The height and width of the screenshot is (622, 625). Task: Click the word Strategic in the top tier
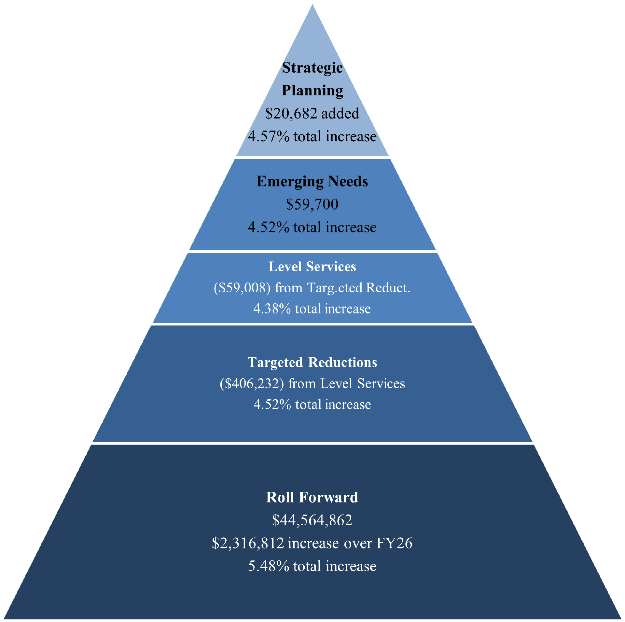click(312, 68)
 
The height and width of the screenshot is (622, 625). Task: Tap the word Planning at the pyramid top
click(312, 91)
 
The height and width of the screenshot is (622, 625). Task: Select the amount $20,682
click(291, 114)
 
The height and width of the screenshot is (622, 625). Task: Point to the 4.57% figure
click(269, 136)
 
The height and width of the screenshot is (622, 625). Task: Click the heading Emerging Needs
click(312, 181)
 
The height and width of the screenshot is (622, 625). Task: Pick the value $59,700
click(312, 204)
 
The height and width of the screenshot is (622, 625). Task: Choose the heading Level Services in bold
click(312, 267)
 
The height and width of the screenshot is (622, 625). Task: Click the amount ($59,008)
click(242, 288)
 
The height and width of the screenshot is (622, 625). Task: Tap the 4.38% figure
click(272, 309)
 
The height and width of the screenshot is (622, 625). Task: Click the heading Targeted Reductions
click(312, 362)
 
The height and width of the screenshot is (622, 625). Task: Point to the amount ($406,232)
click(252, 383)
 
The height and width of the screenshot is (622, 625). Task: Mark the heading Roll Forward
click(312, 497)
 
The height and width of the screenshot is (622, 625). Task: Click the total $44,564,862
click(312, 520)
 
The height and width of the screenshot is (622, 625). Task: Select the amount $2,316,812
click(248, 543)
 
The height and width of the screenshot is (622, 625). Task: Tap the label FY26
click(394, 543)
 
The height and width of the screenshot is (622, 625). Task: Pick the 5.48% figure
click(269, 566)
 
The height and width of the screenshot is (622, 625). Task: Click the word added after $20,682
click(340, 114)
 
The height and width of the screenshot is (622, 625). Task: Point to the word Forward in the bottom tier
click(328, 497)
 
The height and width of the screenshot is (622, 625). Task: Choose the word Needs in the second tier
click(348, 181)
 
